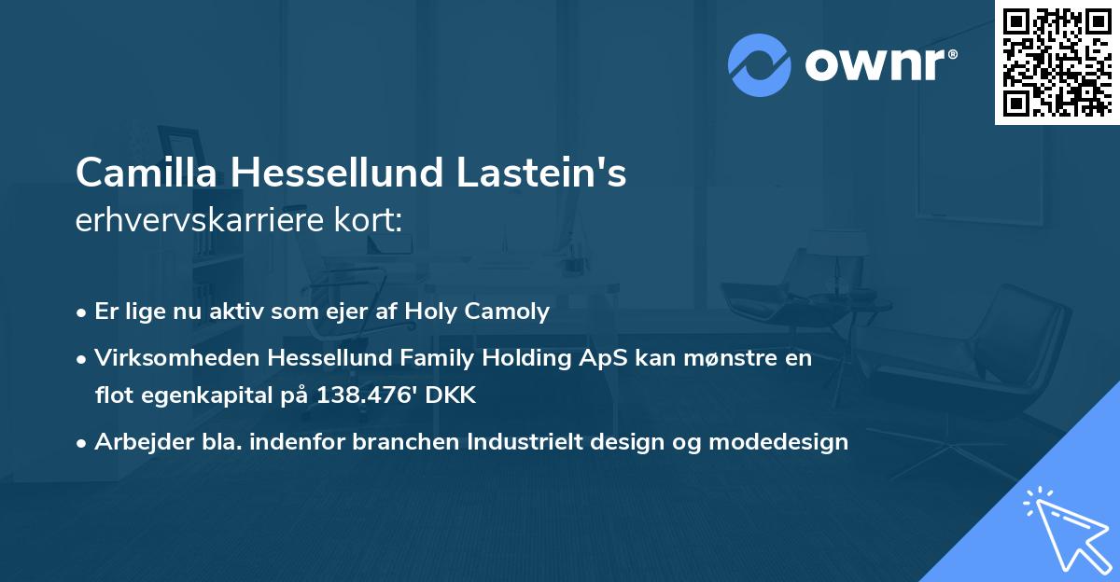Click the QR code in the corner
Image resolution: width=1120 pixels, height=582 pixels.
coord(1057,62)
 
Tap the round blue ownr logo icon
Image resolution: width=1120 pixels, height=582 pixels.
coord(760,65)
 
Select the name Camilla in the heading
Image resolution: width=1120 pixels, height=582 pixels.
coord(146,173)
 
